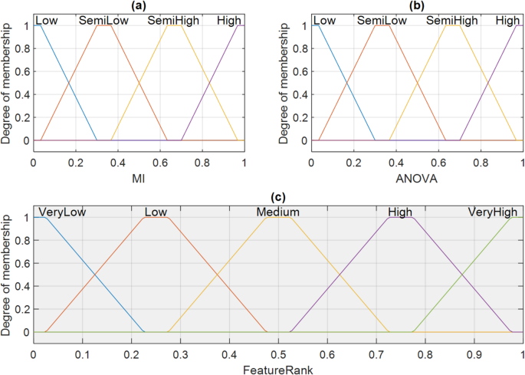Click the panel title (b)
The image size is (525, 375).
pos(416,6)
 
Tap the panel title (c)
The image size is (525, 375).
pos(277,196)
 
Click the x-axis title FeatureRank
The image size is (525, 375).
pos(277,369)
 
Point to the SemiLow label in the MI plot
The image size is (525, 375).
pos(103,21)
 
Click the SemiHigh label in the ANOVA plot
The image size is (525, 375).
pos(450,21)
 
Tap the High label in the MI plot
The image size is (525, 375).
pos(228,21)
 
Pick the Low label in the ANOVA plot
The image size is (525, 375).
pos(325,21)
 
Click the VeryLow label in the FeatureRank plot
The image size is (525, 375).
pos(61,212)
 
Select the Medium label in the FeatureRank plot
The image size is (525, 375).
pos(277,212)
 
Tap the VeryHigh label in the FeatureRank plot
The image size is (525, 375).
pos(492,212)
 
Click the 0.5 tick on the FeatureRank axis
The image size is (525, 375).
pos(278,355)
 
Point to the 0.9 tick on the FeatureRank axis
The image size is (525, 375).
pos(474,355)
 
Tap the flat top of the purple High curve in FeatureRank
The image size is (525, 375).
pos(401,218)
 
